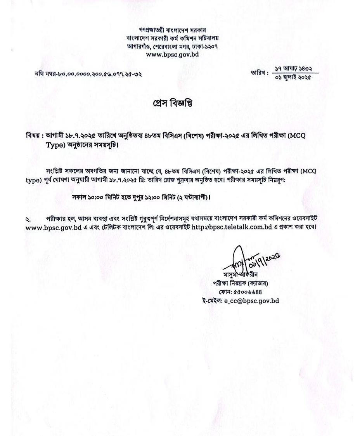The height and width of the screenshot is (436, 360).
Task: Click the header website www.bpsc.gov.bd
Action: click(x=173, y=55)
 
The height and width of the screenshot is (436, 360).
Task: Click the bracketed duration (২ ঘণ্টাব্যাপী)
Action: click(x=190, y=198)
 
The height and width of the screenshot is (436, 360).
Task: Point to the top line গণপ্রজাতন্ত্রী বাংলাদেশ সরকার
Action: click(x=173, y=30)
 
